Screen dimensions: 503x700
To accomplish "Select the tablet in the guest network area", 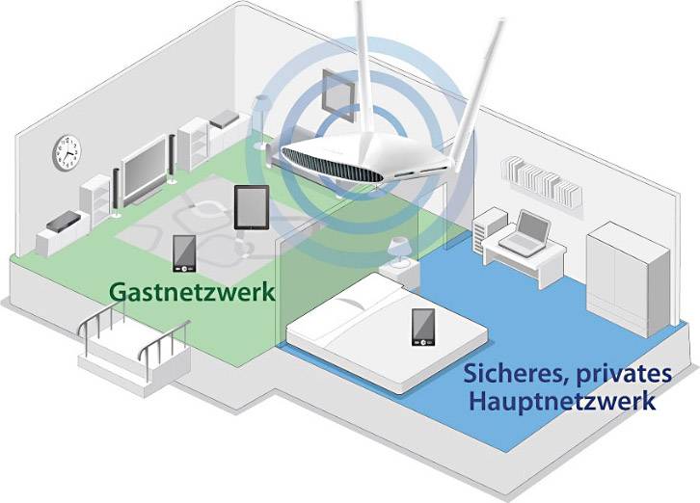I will coord(251,207).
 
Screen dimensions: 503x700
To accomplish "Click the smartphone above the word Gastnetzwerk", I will coord(184,253).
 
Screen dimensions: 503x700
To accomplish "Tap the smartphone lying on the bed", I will coord(422,328).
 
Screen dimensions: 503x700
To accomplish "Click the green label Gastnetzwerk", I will coord(192,291).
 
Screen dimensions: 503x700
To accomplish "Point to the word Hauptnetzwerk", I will coord(562,399).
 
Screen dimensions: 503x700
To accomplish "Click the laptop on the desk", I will coord(531,231).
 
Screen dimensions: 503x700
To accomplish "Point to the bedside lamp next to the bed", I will coord(399,252).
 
